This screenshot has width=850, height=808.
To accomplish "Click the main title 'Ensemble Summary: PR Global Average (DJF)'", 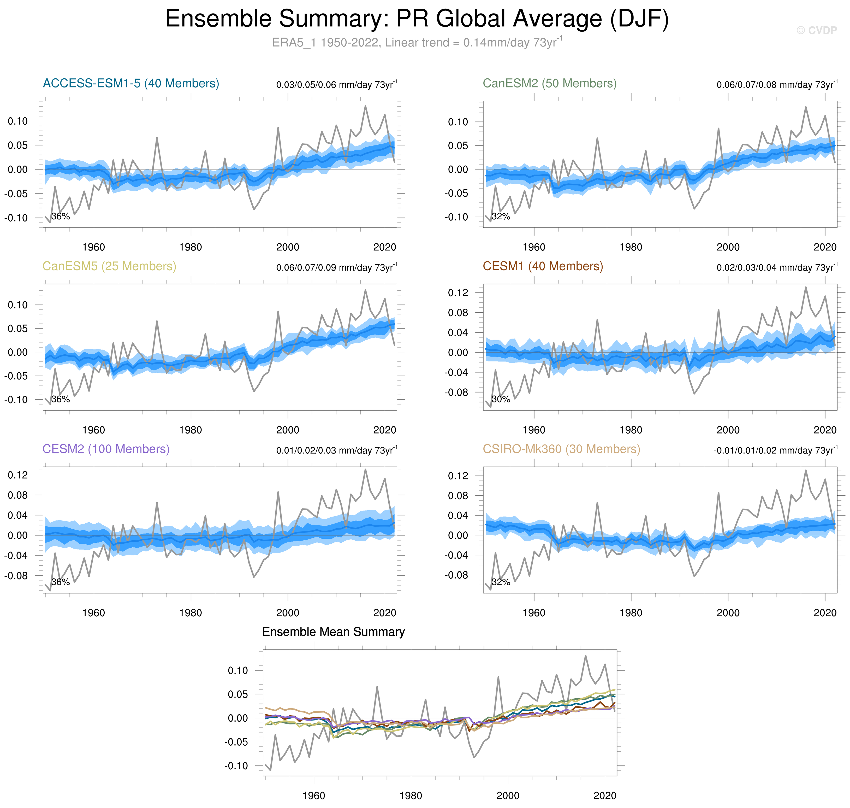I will [x=417, y=19].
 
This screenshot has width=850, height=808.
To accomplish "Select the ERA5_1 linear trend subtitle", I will [x=417, y=43].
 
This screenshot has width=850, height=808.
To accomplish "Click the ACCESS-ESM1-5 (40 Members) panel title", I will [x=131, y=83].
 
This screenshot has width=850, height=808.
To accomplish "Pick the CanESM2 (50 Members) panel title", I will [x=549, y=83].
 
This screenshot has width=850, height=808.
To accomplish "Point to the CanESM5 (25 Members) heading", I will [x=109, y=266].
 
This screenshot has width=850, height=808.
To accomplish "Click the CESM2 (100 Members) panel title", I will [x=106, y=449].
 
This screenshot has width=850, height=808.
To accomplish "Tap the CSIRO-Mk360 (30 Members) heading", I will [x=561, y=449].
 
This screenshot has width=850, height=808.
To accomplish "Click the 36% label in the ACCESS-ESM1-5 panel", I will [x=60, y=216].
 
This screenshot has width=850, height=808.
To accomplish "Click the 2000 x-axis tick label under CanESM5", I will [x=288, y=430].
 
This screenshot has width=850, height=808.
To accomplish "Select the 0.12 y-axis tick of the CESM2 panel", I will [x=18, y=475].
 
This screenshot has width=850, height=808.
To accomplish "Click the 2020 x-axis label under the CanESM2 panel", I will [x=825, y=247].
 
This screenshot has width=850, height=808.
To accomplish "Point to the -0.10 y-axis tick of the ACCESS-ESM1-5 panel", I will [x=16, y=218].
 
